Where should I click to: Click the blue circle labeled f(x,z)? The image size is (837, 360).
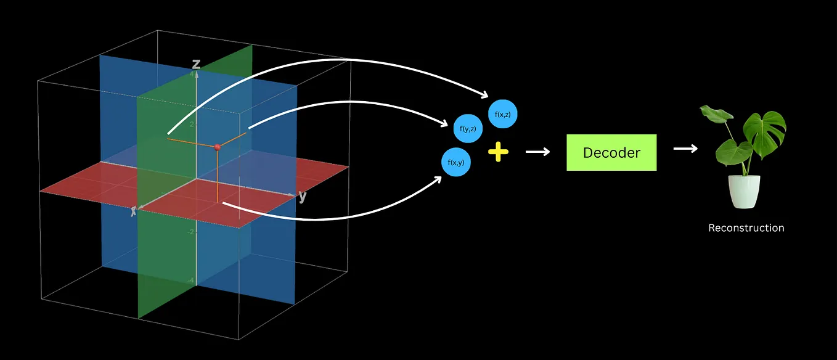tap(502, 114)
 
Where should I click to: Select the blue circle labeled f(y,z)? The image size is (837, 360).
tap(468, 129)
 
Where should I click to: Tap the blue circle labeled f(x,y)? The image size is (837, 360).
tap(456, 162)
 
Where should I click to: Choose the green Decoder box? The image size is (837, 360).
tap(611, 152)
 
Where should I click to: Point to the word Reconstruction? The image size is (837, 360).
tap(746, 228)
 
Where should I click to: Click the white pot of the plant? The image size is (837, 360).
tap(744, 192)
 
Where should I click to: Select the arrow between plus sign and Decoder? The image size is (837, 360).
tap(537, 152)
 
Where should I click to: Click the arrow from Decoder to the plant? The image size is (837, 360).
tap(685, 149)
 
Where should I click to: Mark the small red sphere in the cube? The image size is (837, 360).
tap(217, 147)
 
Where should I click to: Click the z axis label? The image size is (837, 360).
tap(196, 63)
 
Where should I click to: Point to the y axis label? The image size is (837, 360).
tap(302, 197)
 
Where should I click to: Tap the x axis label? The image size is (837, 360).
tap(133, 211)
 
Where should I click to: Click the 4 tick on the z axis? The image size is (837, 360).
tap(192, 75)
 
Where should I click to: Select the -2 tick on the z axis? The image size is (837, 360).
tap(190, 232)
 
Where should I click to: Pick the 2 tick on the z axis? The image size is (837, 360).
tap(192, 124)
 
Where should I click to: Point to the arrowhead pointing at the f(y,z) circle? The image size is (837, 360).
tap(444, 123)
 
